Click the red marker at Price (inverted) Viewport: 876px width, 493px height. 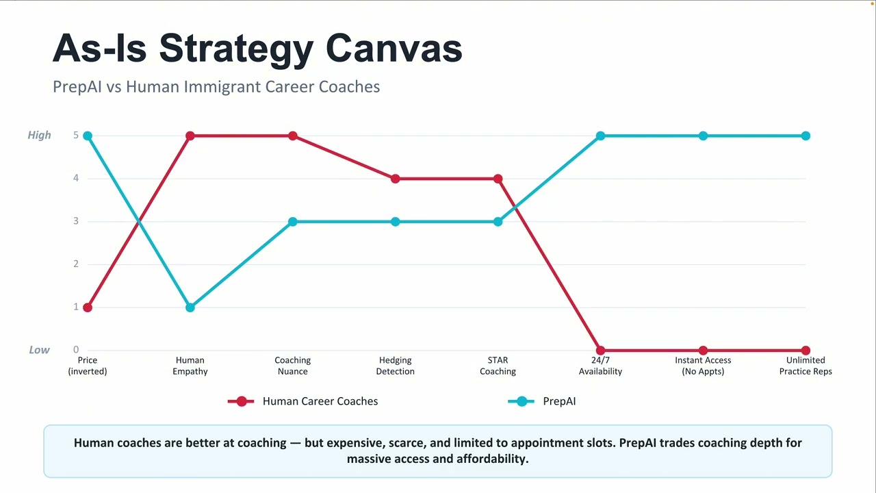point(88,307)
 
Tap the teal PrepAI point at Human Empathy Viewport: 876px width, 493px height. point(190,307)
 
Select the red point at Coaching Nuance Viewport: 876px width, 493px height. point(292,136)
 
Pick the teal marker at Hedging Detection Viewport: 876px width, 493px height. point(396,222)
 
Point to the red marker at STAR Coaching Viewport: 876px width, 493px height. point(498,179)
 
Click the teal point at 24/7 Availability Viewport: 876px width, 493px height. point(600,136)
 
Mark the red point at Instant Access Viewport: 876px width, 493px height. point(703,350)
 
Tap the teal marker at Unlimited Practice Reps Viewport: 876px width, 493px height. point(806,136)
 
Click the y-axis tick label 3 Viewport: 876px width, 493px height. point(76,221)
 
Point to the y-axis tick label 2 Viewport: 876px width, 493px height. point(76,264)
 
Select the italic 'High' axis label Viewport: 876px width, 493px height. point(39,136)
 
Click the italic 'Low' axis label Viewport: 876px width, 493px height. point(40,350)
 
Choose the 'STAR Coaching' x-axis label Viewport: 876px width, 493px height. point(498,366)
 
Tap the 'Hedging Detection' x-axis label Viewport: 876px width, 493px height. point(396,366)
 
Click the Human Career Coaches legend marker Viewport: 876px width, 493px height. point(241,401)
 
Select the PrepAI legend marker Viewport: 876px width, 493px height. point(521,401)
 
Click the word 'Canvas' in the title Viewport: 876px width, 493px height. point(394,48)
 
